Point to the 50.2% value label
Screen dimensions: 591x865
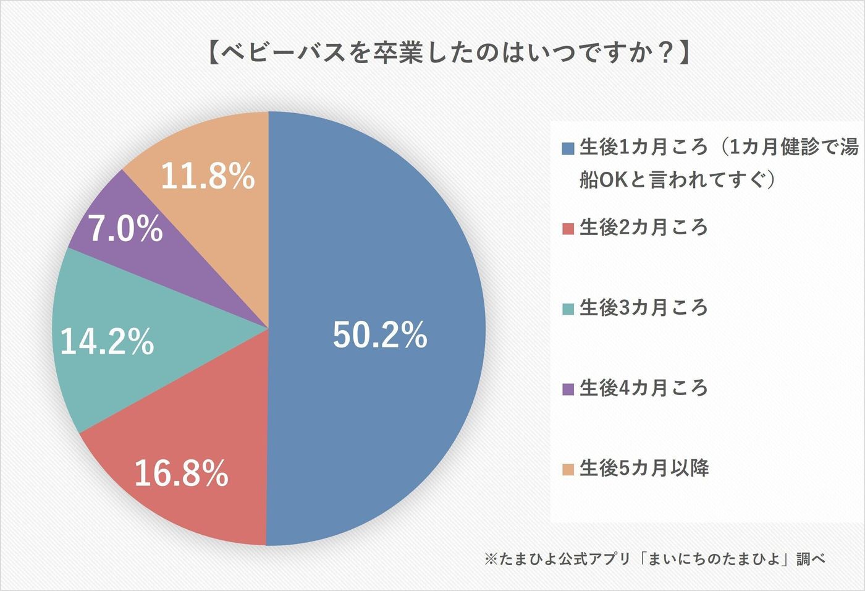380,335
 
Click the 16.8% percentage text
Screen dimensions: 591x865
181,474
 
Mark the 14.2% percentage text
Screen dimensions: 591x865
107,341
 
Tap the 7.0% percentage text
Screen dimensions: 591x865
125,229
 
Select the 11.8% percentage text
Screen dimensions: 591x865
208,176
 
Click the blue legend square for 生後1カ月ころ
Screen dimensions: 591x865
568,148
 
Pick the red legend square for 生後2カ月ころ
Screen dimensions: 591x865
568,229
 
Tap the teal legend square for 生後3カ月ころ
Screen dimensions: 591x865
568,308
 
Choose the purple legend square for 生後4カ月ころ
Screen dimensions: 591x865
568,389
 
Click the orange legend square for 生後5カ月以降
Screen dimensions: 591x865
568,469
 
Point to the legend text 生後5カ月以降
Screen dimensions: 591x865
644,468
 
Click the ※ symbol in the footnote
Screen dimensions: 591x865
491,559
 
